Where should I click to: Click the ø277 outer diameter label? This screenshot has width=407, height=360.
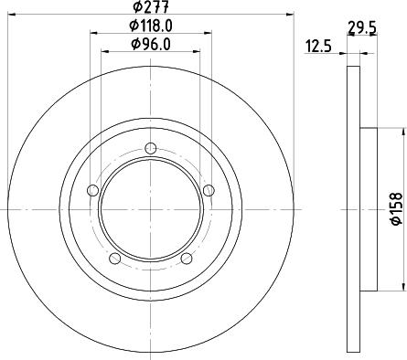[150, 8]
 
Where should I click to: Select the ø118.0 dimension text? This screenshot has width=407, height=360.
[151, 26]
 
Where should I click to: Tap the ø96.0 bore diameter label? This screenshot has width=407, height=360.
[151, 43]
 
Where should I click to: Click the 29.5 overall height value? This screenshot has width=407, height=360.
[363, 26]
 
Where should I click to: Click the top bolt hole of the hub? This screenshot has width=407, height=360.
[151, 149]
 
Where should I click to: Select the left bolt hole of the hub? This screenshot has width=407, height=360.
[91, 191]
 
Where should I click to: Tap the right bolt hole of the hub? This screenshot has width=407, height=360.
[209, 190]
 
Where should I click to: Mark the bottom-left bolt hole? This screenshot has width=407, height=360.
[114, 259]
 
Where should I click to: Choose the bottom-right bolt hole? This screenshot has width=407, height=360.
[187, 259]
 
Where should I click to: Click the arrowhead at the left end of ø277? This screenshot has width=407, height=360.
[10, 16]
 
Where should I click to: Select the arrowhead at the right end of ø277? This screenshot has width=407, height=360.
[290, 16]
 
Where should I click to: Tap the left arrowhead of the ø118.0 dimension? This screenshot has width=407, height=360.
[94, 34]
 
